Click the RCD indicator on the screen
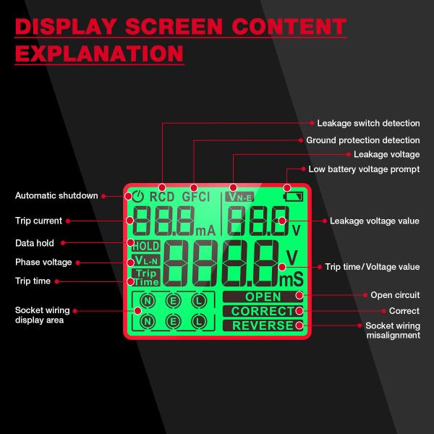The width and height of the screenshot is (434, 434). (x=161, y=196)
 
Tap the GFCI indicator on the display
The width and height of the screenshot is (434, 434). (x=195, y=196)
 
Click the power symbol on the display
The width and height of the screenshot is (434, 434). (x=139, y=196)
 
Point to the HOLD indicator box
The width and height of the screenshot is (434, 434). (x=145, y=246)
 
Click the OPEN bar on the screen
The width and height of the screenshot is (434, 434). (x=263, y=297)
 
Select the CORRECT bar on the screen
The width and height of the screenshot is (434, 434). (x=263, y=311)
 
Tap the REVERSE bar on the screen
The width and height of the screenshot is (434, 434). (x=263, y=325)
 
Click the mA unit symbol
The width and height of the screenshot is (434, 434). (x=205, y=230)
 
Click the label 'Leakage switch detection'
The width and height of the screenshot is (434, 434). (x=368, y=123)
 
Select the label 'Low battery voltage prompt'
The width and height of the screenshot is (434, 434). (x=364, y=169)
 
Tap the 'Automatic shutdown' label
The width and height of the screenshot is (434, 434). (x=56, y=195)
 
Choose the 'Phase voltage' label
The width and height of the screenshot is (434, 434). (x=43, y=262)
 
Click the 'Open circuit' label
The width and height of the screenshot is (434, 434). (x=395, y=295)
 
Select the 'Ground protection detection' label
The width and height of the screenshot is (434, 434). (x=362, y=140)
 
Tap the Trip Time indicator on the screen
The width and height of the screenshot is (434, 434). (x=146, y=277)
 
